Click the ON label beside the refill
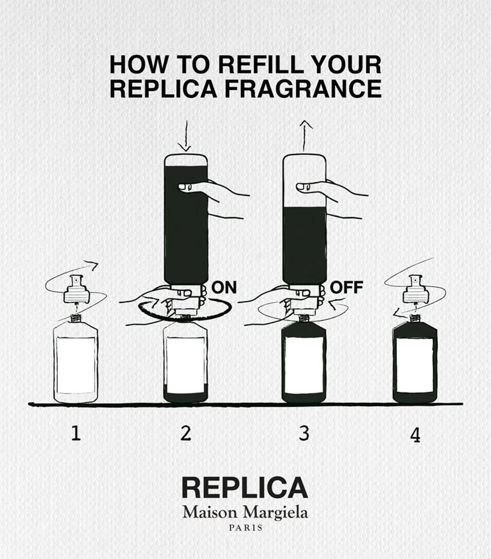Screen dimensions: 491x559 click(x=224, y=287)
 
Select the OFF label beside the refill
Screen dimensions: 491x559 click(x=347, y=287)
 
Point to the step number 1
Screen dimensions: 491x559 click(x=76, y=433)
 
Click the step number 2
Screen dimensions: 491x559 click(x=186, y=433)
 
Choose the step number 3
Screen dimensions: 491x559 click(x=304, y=433)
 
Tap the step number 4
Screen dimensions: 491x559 click(x=415, y=435)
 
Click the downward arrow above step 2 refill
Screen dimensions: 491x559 click(x=186, y=136)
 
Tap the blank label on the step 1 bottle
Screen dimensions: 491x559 click(x=76, y=365)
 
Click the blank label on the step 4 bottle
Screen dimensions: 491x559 click(x=415, y=366)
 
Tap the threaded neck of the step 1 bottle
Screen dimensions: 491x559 click(x=76, y=318)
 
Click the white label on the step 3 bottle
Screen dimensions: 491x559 click(x=304, y=366)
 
